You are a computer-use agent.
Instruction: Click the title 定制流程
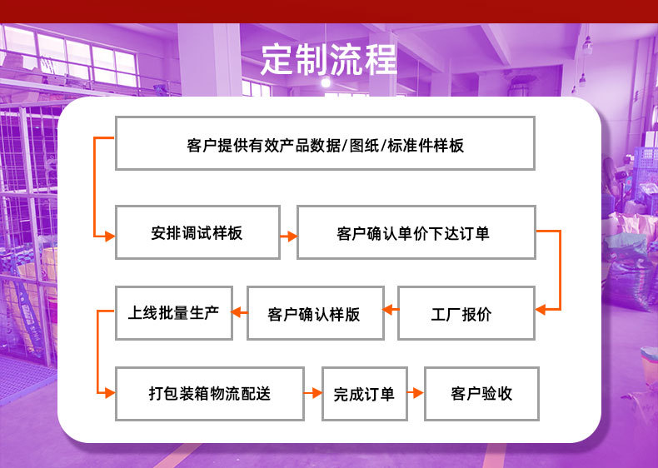(x=328, y=58)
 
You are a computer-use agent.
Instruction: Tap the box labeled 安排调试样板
(x=197, y=232)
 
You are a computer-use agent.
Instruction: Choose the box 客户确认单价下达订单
(x=415, y=232)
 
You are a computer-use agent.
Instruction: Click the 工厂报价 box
(x=466, y=313)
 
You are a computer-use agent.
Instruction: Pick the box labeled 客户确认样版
(x=315, y=313)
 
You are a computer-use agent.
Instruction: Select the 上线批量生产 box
(x=173, y=312)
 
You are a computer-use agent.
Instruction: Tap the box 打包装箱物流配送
(x=209, y=393)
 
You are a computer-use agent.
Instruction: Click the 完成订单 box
(x=364, y=393)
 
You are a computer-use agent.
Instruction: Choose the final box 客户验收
(x=481, y=393)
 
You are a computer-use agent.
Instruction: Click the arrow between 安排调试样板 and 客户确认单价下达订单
(x=288, y=236)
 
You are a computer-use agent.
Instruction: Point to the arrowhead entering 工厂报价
(x=541, y=310)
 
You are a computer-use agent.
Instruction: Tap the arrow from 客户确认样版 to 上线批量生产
(x=239, y=312)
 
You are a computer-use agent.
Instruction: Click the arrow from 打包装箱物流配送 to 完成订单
(x=312, y=393)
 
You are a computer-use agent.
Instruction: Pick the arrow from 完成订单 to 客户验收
(x=416, y=393)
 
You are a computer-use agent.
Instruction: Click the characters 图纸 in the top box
(x=364, y=146)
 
